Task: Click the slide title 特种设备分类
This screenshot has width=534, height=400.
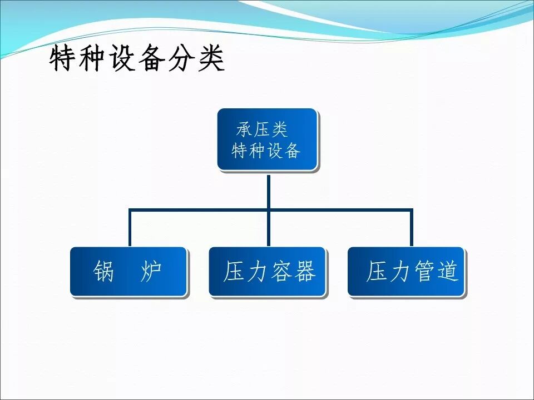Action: tap(137, 59)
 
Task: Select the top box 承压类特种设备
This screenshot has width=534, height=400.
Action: tap(267, 139)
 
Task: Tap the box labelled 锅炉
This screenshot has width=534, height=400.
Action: tap(128, 271)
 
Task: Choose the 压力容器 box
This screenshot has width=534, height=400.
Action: tap(268, 271)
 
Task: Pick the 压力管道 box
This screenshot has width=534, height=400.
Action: tap(407, 271)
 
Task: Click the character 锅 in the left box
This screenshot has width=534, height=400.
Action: tap(104, 272)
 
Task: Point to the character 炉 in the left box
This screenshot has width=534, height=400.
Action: tap(151, 272)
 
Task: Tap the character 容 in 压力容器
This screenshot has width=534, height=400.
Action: tap(281, 272)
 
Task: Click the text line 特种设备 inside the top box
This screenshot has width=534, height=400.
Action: tap(266, 151)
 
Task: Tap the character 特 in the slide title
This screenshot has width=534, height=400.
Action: tap(62, 59)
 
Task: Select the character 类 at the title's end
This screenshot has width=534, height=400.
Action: tap(211, 59)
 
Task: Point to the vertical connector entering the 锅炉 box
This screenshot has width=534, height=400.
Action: tap(130, 228)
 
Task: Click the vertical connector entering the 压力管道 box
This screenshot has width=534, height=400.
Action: tap(412, 228)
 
